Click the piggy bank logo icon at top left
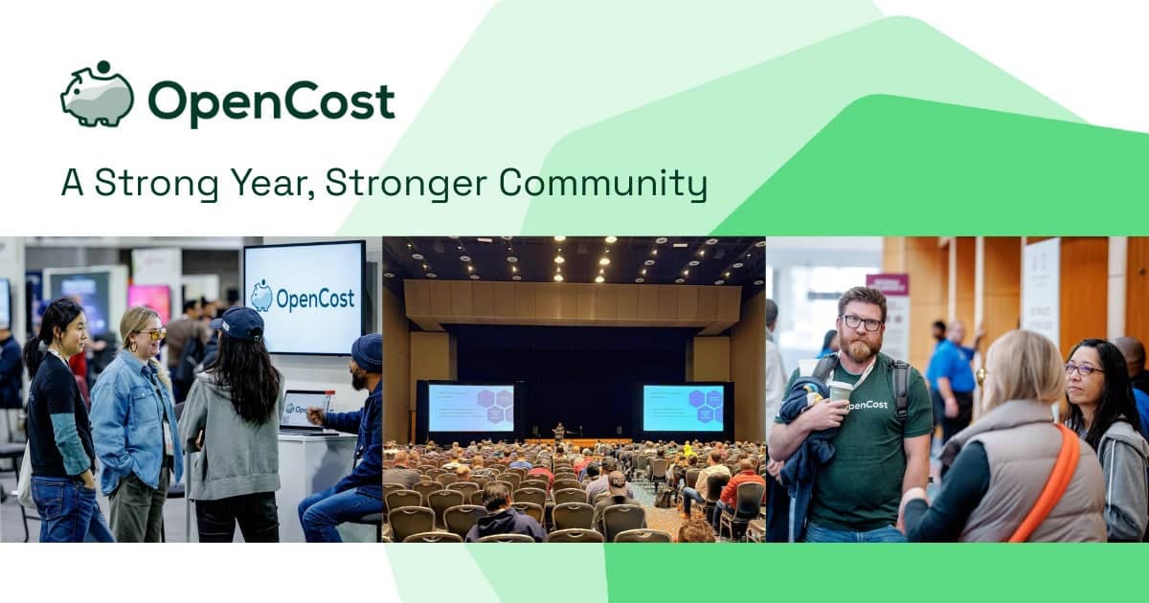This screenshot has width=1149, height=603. (x=97, y=95)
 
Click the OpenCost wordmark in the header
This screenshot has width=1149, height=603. (x=271, y=101)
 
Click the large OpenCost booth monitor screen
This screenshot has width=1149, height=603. (x=304, y=297)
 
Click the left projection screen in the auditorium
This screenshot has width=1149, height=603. (x=470, y=409)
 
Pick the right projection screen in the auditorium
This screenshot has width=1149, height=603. (x=683, y=408)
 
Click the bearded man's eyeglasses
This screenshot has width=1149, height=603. (x=862, y=324)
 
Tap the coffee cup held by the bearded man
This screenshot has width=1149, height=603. (x=840, y=391)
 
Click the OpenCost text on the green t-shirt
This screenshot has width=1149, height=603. (x=867, y=404)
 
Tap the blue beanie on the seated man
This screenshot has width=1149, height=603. (x=367, y=352)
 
